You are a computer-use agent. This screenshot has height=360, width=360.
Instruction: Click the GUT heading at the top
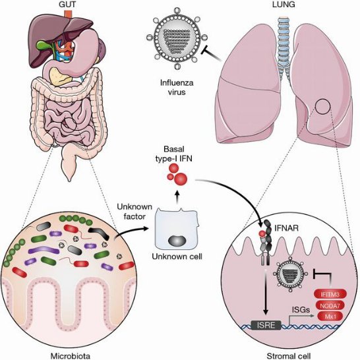pyautogui.click(x=68, y=5)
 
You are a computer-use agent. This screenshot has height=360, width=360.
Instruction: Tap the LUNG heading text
pyautogui.click(x=284, y=5)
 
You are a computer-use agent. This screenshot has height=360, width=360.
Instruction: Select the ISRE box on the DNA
pyautogui.click(x=266, y=325)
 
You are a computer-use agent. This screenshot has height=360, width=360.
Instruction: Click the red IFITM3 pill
pyautogui.click(x=330, y=294)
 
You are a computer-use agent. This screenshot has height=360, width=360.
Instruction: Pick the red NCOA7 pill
pyautogui.click(x=330, y=305)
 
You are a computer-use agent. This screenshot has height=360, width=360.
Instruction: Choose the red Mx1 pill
pyautogui.click(x=330, y=316)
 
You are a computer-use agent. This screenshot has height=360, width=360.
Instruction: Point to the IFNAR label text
pyautogui.click(x=287, y=228)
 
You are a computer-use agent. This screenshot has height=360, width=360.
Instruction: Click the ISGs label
pyautogui.click(x=301, y=310)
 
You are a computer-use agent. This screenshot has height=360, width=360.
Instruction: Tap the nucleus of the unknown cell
pyautogui.click(x=177, y=241)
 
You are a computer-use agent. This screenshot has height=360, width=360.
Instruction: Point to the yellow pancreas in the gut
pyautogui.click(x=60, y=76)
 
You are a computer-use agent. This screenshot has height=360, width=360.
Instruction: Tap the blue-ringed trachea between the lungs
pyautogui.click(x=284, y=44)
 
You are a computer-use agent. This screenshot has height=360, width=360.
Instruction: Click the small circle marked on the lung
pyautogui.click(x=322, y=107)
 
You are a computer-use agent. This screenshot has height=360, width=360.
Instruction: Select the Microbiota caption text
pyautogui.click(x=71, y=356)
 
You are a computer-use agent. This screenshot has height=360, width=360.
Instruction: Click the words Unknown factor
pyautogui.click(x=135, y=212)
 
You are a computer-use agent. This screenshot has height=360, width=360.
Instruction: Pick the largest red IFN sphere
pyautogui.click(x=181, y=179)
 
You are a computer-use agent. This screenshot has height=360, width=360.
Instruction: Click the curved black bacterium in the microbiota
pyautogui.click(x=100, y=232)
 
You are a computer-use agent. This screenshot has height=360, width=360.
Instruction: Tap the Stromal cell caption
pyautogui.click(x=288, y=356)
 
